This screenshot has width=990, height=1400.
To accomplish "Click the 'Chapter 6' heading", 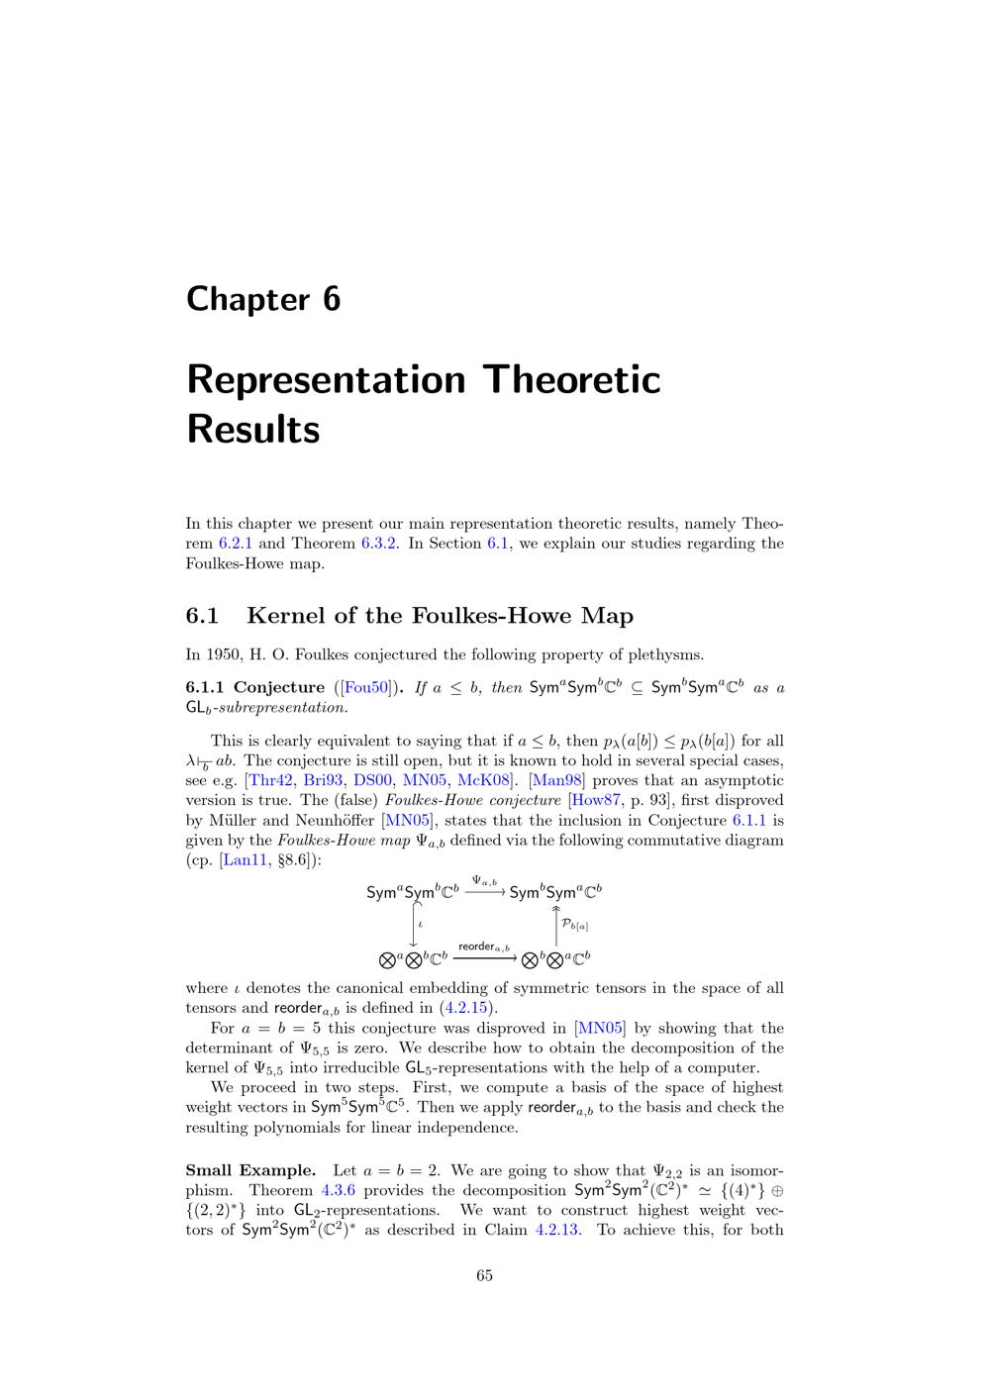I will tap(263, 299).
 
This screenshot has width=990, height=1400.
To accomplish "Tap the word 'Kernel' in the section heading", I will tap(284, 616).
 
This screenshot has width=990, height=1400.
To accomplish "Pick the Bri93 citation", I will tap(324, 780).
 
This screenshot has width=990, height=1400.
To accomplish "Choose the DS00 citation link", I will tap(373, 780).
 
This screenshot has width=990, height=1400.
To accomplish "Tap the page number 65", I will tap(484, 1275).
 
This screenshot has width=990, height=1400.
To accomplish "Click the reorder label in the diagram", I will tap(484, 947).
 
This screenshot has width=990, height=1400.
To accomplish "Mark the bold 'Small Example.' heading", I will tap(250, 1170).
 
